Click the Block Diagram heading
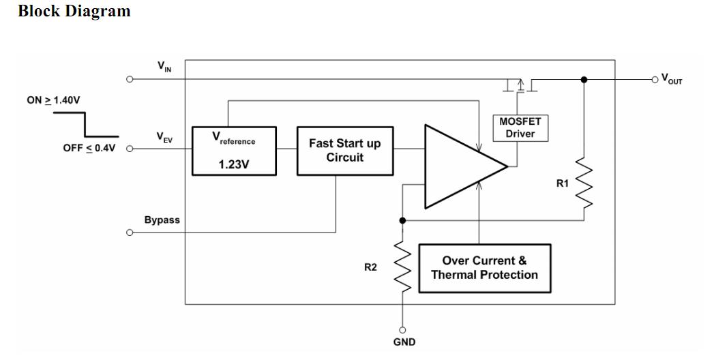74,12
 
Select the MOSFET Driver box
520,127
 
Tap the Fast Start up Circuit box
345,151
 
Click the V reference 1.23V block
234,151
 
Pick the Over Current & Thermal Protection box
484,268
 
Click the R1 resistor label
563,183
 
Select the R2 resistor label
370,267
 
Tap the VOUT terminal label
671,80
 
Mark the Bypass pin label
162,220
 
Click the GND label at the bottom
404,342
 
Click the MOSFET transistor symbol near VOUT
520,85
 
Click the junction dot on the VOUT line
584,80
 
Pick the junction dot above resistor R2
403,220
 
